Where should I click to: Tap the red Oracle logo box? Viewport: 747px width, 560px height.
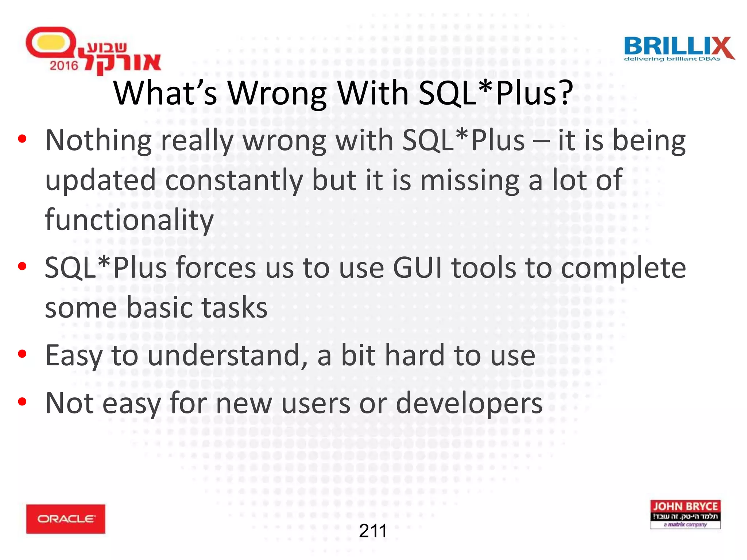tap(66, 519)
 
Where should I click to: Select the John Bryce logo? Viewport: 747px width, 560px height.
tap(685, 514)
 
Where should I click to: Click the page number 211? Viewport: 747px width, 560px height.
tap(373, 531)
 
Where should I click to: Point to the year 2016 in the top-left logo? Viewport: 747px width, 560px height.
tap(64, 66)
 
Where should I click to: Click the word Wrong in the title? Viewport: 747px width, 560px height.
tap(277, 93)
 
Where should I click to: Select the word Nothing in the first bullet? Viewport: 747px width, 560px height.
tap(98, 140)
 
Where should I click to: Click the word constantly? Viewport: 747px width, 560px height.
tap(234, 180)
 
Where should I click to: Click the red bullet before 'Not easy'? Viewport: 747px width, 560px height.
tap(22, 402)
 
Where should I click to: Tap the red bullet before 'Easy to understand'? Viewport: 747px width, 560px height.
tap(22, 354)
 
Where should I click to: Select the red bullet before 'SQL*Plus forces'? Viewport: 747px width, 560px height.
tap(22, 266)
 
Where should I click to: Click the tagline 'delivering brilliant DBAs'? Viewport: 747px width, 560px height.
tap(672, 59)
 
